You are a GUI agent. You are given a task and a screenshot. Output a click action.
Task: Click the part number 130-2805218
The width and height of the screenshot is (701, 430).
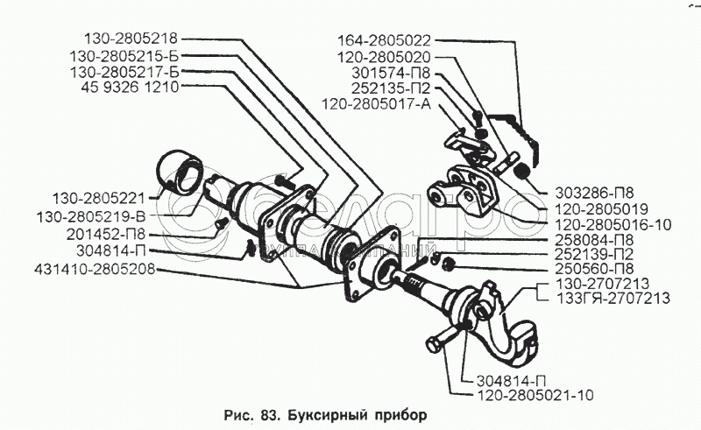(131, 39)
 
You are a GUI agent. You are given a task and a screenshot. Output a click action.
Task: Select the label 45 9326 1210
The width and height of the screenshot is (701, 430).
(132, 88)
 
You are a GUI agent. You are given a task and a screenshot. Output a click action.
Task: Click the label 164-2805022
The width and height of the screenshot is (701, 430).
(385, 39)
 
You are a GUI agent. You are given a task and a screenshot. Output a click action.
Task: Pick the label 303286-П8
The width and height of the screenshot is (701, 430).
(593, 193)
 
